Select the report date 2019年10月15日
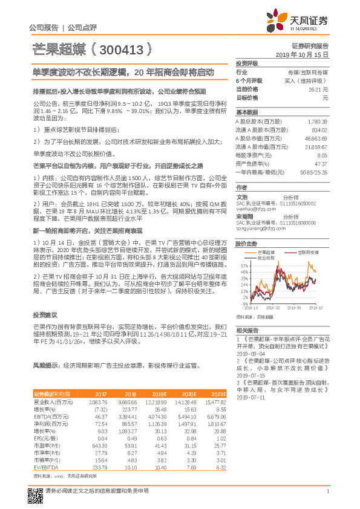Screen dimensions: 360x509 tap(306, 54)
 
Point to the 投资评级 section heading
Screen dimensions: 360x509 tap(247, 63)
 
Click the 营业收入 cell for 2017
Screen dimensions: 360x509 tap(97, 401)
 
